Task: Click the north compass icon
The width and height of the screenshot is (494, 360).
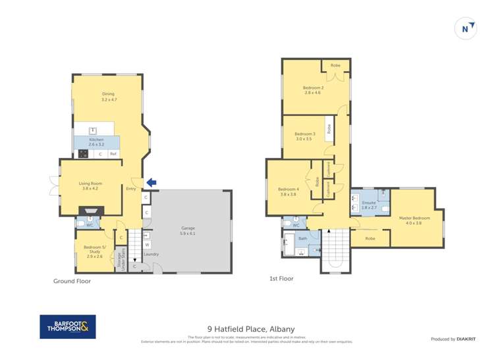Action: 466,28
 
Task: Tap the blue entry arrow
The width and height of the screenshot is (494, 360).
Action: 151,182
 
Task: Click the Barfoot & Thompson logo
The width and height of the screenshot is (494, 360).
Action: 68,327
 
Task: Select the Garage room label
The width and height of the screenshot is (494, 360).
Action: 188,230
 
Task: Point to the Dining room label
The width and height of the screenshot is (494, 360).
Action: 109,97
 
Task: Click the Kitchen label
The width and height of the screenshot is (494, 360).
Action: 97,141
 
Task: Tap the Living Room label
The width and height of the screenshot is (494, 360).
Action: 90,186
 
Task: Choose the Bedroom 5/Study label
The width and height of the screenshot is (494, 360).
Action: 92,249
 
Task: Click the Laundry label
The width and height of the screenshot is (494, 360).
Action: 151,254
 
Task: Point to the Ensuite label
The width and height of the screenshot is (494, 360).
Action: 368,205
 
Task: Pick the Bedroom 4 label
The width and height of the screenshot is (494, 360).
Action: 289,192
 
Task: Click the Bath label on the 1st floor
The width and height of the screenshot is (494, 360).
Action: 303,238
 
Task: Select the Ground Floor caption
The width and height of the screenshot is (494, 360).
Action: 72,281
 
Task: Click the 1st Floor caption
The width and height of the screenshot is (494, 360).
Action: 281,278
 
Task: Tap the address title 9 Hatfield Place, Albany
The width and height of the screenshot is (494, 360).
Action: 251,329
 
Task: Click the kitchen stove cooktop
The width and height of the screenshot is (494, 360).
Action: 84,154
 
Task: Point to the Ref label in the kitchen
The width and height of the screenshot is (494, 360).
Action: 113,154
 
